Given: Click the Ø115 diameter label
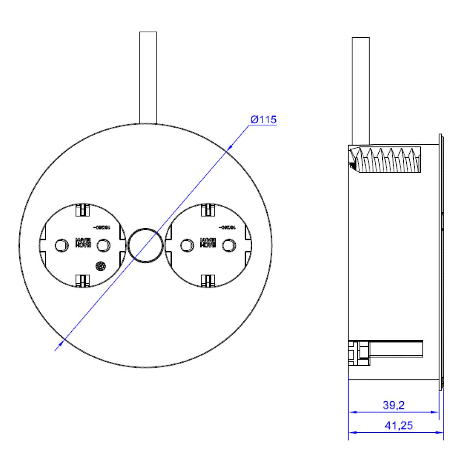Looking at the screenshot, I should (x=264, y=120).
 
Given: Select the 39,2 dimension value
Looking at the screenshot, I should (x=394, y=405).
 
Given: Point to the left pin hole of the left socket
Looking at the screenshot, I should (x=60, y=246).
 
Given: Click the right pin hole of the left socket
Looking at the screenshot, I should (x=104, y=246).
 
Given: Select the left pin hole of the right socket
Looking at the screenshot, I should (x=185, y=246).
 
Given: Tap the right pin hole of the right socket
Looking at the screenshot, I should (x=228, y=246).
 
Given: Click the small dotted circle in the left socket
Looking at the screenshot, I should (x=101, y=267).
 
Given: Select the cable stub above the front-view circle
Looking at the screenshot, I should (x=148, y=77).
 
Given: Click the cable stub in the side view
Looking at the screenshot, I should (x=360, y=91).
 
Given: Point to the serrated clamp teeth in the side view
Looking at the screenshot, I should (x=390, y=160).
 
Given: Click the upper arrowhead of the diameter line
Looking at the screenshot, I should (x=230, y=147).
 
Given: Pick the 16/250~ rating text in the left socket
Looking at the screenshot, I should (x=102, y=228).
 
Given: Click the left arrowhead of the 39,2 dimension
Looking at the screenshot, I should (x=352, y=412).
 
